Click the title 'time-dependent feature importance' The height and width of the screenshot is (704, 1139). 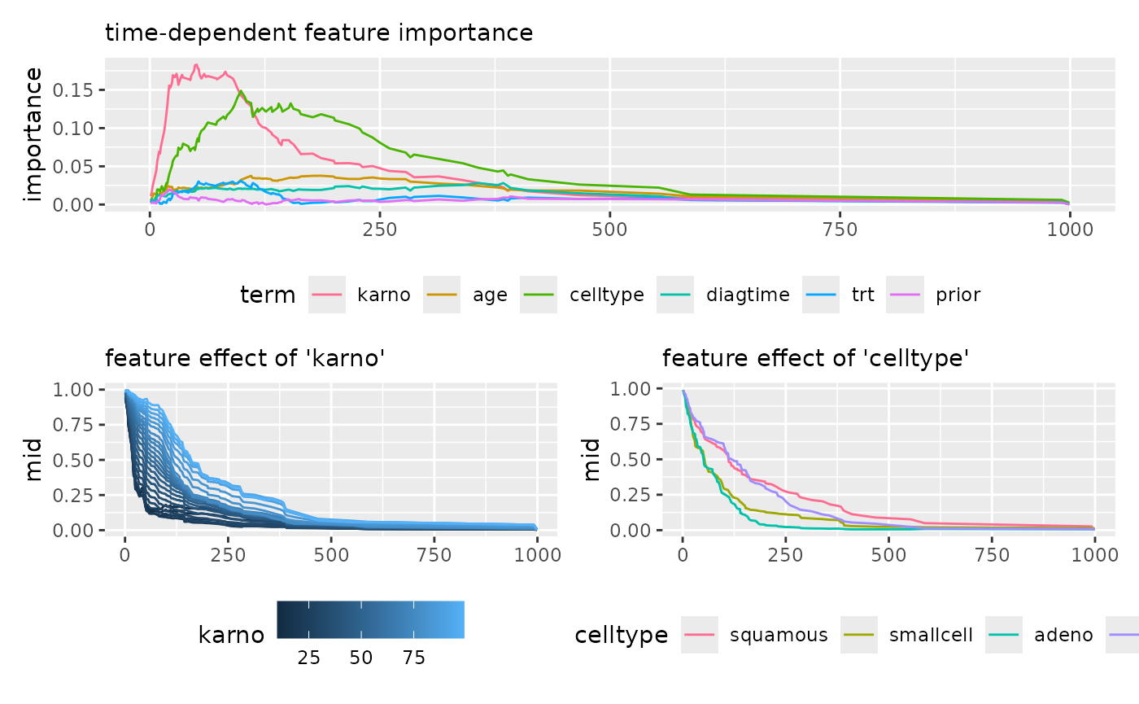[x=319, y=33]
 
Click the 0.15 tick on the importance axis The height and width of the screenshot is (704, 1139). [x=72, y=90]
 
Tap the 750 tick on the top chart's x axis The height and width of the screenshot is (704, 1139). [x=840, y=230]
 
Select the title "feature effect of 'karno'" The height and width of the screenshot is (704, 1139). [x=244, y=358]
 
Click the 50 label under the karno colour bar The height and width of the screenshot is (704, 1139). [x=361, y=658]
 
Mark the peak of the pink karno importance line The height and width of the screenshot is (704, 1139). [x=196, y=65]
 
